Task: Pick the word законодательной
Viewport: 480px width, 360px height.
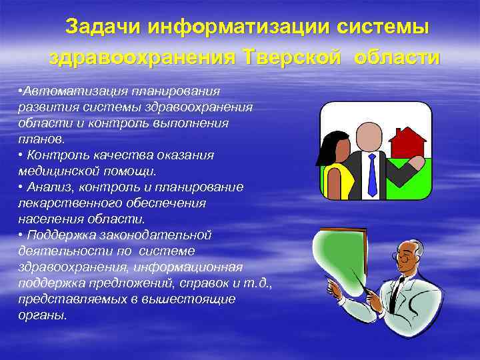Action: (153, 235)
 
